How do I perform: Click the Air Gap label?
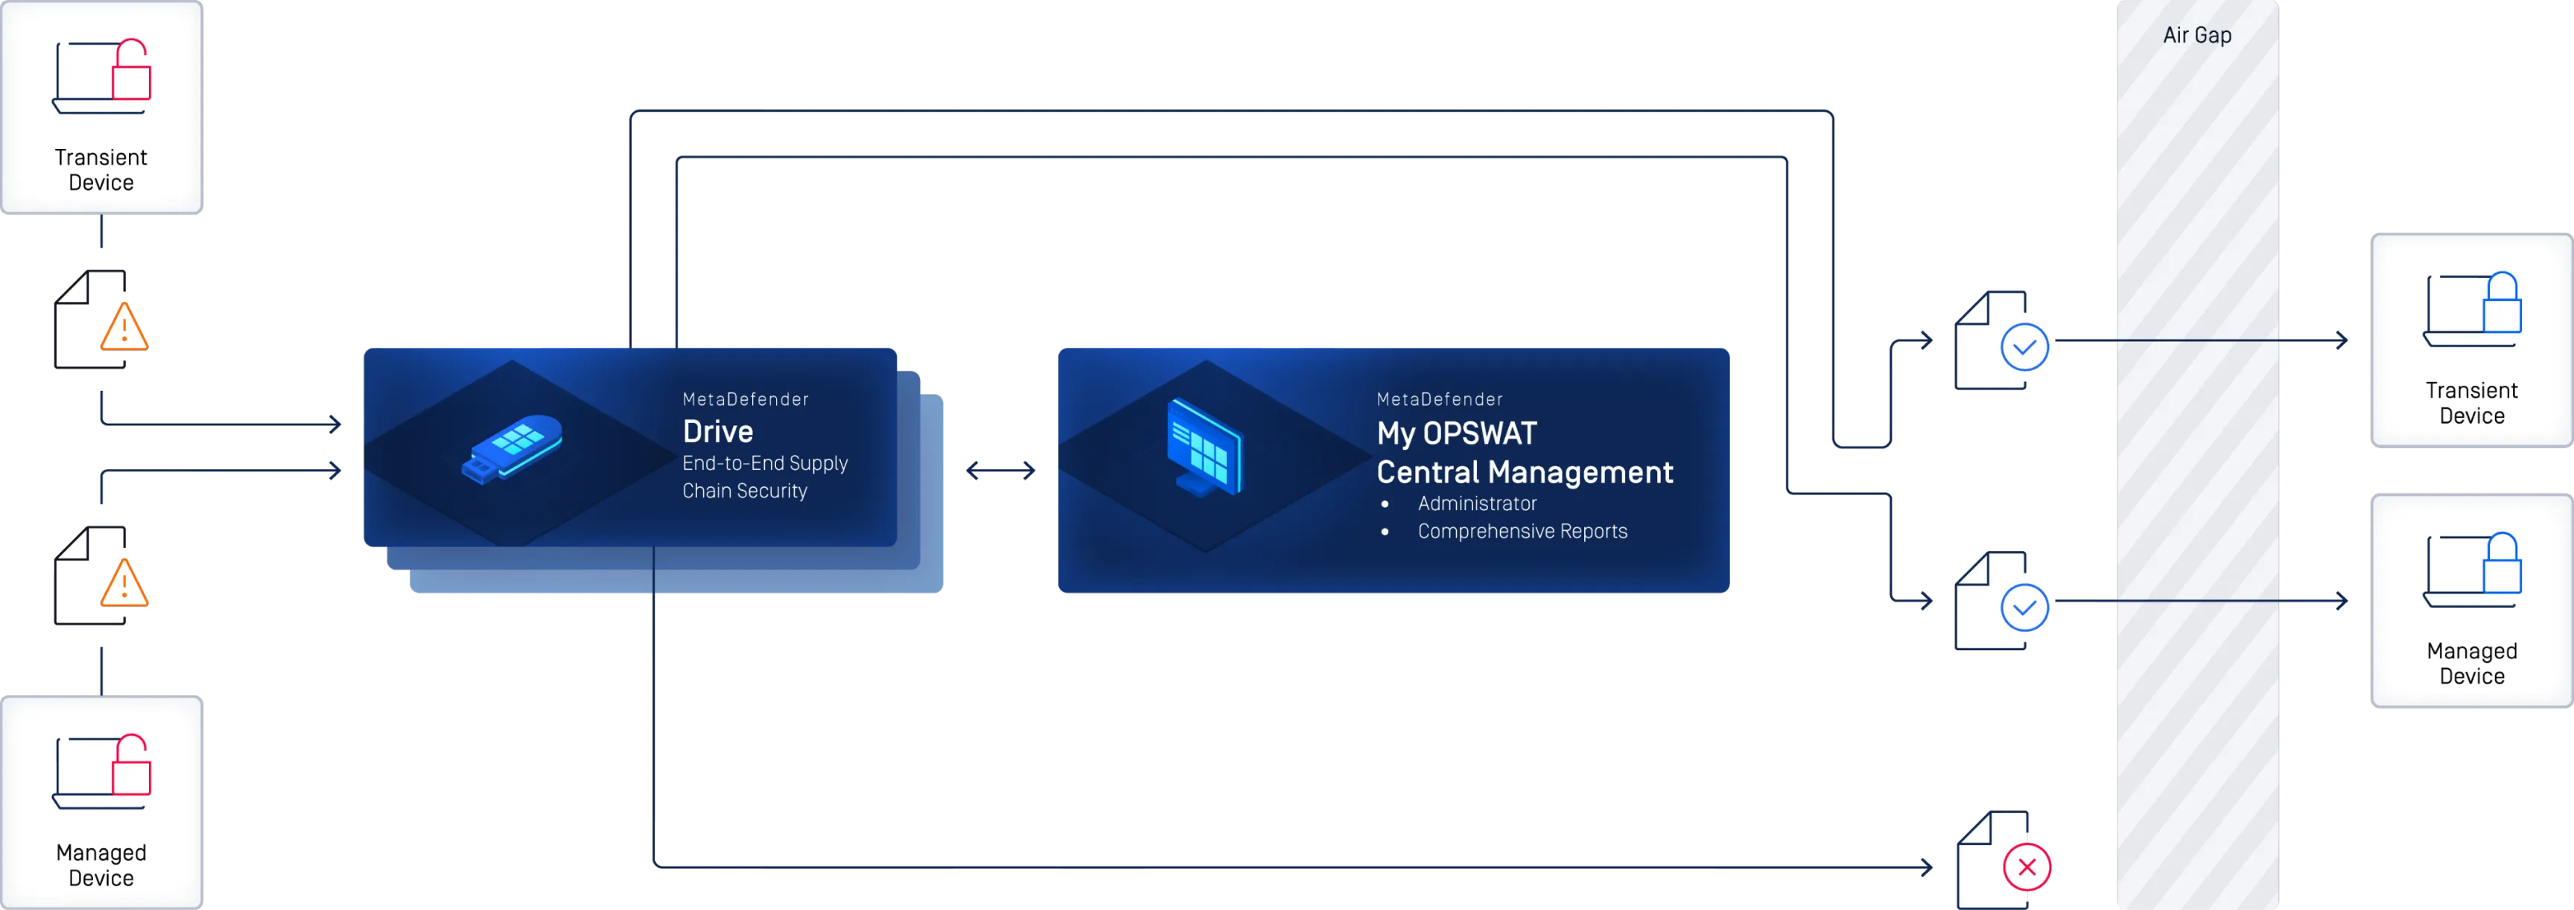pyautogui.click(x=2196, y=36)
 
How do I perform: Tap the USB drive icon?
pyautogui.click(x=512, y=448)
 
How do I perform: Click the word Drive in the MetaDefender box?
pyautogui.click(x=717, y=431)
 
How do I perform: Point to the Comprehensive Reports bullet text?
pyautogui.click(x=1522, y=532)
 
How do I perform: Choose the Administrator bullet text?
pyautogui.click(x=1476, y=503)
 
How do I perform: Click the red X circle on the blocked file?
pyautogui.click(x=2027, y=867)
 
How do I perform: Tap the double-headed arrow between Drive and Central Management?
pyautogui.click(x=1001, y=471)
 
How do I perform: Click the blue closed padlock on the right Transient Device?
pyautogui.click(x=2502, y=304)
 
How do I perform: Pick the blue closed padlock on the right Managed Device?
pyautogui.click(x=2502, y=565)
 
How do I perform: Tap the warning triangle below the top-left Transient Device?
pyautogui.click(x=124, y=327)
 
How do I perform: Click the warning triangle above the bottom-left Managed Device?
pyautogui.click(x=124, y=585)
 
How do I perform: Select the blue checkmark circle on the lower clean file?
pyautogui.click(x=2024, y=608)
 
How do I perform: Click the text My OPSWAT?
pyautogui.click(x=1456, y=433)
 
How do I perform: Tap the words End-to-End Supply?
pyautogui.click(x=764, y=463)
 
